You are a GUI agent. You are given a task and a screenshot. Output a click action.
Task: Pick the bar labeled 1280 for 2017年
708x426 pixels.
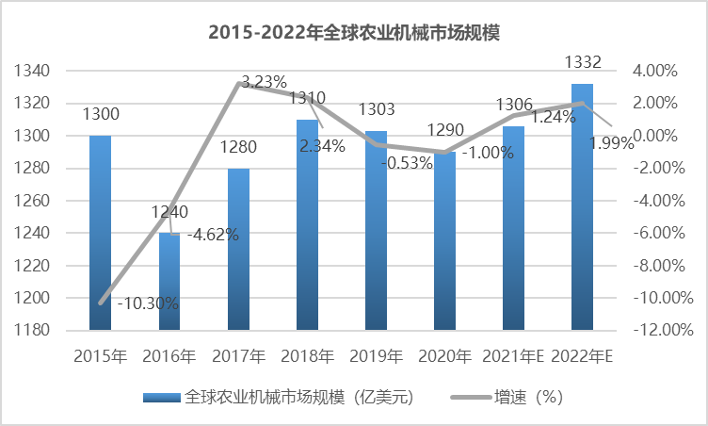238,249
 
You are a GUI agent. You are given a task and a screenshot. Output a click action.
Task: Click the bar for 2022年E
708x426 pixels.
583,207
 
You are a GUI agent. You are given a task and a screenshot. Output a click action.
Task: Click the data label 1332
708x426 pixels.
583,63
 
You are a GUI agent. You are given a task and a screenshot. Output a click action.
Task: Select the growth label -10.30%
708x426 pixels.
148,303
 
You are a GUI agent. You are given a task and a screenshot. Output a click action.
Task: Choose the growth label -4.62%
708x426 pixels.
213,235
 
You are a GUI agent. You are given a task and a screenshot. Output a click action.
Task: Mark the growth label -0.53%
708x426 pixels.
407,162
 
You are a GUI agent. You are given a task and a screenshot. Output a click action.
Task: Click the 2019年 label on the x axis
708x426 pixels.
376,356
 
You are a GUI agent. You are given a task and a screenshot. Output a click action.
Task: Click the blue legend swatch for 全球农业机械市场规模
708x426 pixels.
161,397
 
